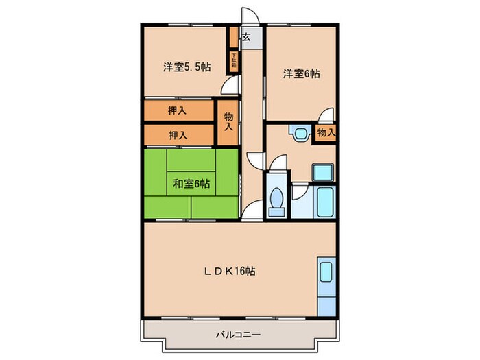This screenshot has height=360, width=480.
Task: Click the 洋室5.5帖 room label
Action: click(x=186, y=67)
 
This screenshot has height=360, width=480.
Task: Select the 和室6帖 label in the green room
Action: click(x=191, y=183)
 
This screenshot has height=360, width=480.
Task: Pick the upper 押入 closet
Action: click(x=178, y=110)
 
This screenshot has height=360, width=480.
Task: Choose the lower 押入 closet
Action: click(x=178, y=135)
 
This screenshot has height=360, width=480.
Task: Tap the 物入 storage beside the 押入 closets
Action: click(x=228, y=122)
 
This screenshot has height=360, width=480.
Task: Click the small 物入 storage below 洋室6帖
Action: click(x=326, y=132)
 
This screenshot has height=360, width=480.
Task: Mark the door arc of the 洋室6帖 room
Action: click(x=328, y=115)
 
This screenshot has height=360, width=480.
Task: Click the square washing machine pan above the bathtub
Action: click(x=322, y=173)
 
